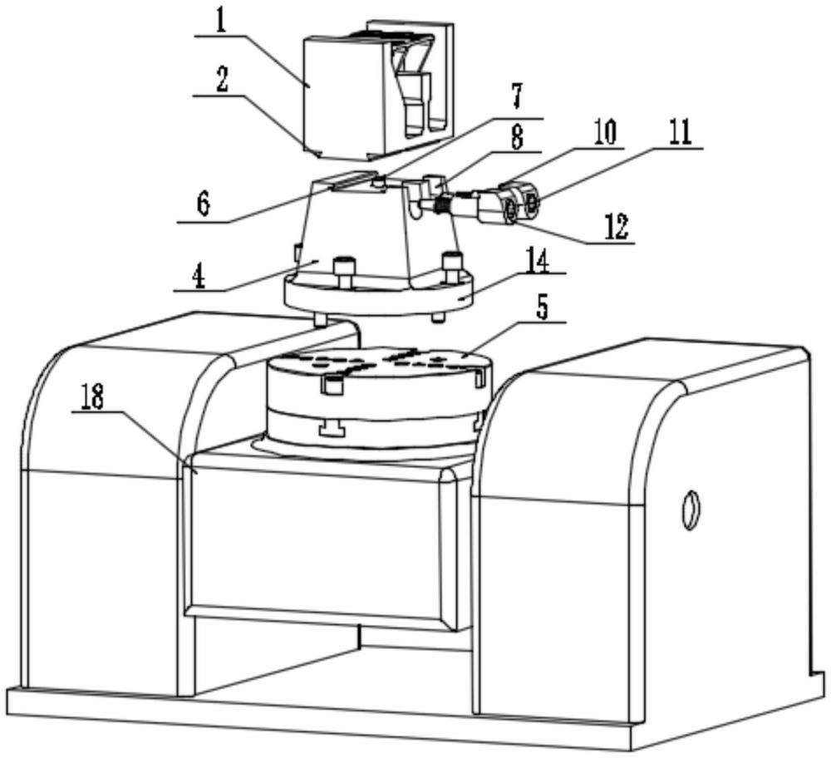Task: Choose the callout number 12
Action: (616, 225)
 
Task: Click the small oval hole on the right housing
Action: (689, 509)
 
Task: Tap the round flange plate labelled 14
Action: (378, 299)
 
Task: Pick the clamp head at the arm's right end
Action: (514, 204)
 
